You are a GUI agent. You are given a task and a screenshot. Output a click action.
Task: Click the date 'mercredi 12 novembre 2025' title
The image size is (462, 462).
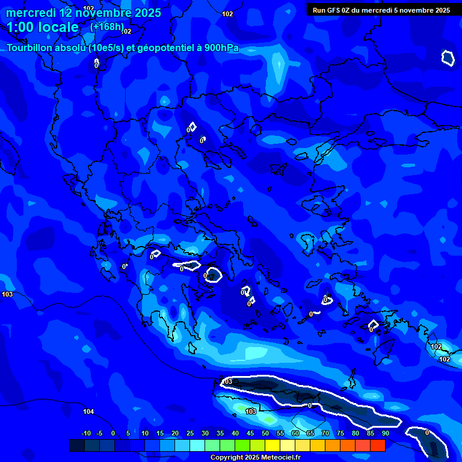[84, 13]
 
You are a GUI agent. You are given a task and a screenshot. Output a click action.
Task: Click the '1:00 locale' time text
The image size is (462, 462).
[43, 27]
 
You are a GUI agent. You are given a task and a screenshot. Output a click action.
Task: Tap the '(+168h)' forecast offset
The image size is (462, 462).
[106, 27]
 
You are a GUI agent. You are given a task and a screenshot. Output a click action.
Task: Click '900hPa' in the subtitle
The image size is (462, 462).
[221, 48]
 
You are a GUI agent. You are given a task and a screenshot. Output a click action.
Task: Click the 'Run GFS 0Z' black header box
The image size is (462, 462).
[381, 10]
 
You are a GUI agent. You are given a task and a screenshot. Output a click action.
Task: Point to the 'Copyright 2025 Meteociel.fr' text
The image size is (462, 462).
[255, 458]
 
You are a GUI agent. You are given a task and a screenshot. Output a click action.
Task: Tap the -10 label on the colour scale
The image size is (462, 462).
[85, 433]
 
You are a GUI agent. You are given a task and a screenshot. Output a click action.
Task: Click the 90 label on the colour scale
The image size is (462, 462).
[385, 433]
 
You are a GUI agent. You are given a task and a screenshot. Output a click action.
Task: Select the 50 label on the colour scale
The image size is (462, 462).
[265, 433]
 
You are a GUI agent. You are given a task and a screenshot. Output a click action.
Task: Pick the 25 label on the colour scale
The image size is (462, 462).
[190, 433]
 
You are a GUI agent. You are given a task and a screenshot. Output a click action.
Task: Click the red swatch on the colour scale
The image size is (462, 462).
[378, 445]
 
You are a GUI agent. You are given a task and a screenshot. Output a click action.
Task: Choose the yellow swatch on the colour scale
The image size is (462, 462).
[273, 445]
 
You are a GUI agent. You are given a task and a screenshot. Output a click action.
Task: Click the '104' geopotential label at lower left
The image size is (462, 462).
[88, 411]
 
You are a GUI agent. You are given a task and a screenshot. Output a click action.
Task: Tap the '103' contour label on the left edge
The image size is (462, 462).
[7, 294]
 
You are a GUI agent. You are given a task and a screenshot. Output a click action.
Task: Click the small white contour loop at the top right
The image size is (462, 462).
[448, 58]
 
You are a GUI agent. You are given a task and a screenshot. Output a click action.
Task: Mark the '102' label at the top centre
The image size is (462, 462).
[227, 14]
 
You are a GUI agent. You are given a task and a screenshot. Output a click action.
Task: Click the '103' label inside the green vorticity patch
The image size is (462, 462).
[251, 411]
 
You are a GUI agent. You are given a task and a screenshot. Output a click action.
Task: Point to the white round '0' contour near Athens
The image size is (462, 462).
[213, 276]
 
